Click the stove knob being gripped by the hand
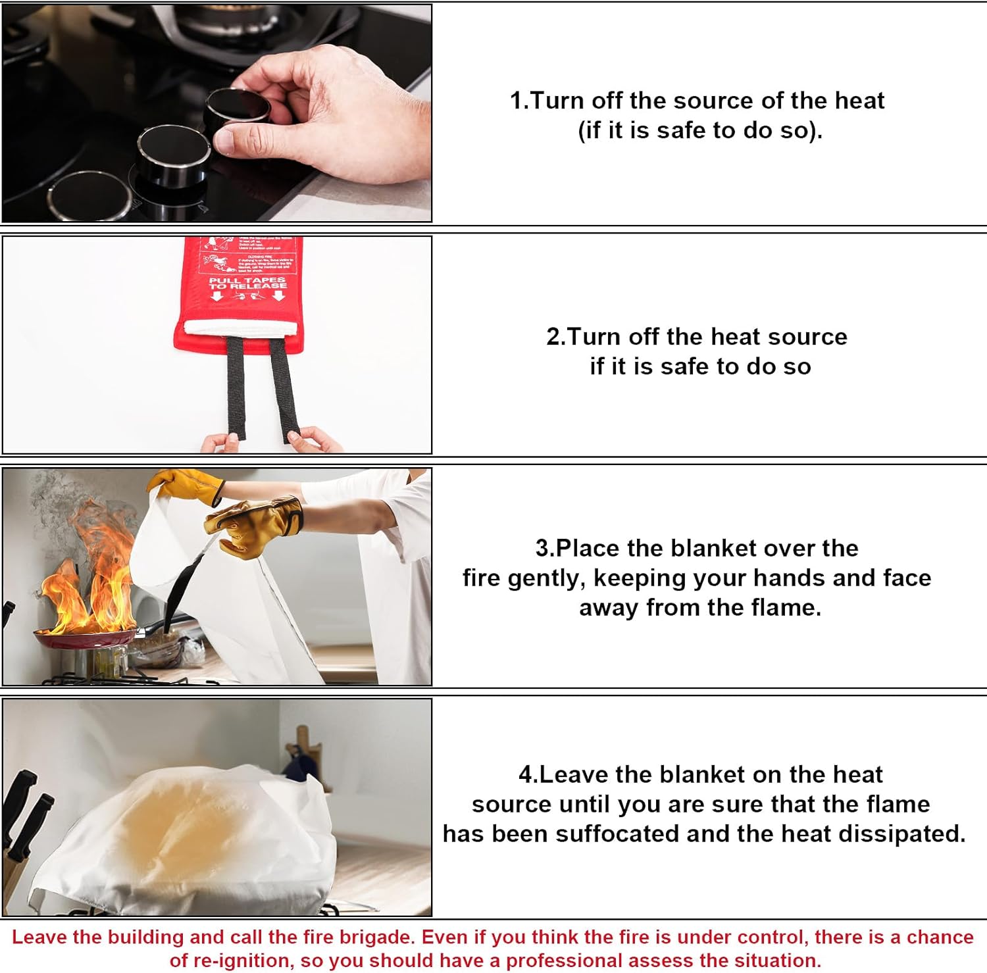pos(237,109)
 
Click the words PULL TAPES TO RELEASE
pos(247,284)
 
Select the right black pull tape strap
pos(284,388)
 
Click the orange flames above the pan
pos(92,572)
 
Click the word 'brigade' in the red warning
pos(378,937)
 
